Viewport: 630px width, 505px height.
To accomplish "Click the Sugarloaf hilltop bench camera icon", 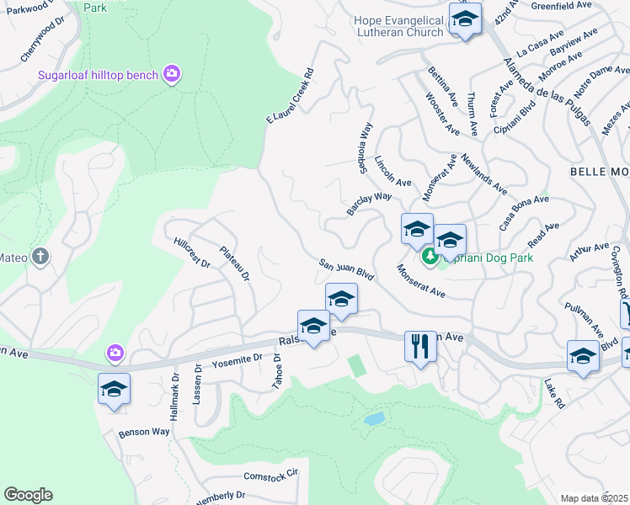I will point(173,75).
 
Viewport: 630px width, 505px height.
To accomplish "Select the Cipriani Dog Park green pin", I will point(430,256).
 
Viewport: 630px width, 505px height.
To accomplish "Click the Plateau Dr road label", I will point(235,263).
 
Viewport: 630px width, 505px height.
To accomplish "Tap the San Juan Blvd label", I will point(346,270).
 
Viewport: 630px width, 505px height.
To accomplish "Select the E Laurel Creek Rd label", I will point(291,96).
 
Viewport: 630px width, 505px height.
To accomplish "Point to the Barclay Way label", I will point(369,203).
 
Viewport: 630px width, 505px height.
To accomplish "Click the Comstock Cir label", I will point(271,475).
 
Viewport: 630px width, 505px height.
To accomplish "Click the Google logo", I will point(28,495).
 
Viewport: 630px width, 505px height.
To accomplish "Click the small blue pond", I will point(375,417).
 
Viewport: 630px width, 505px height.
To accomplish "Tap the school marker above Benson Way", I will point(114,390).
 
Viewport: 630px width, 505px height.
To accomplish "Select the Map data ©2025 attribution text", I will point(593,498).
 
